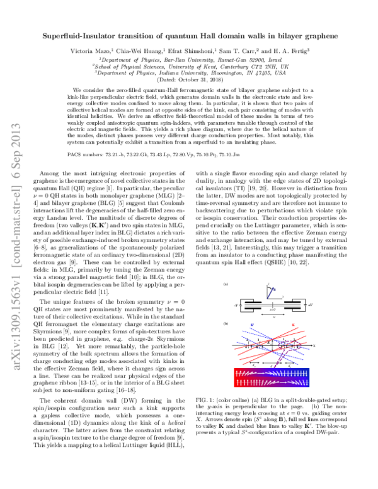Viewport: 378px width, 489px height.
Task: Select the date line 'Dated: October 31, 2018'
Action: point(188,80)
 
